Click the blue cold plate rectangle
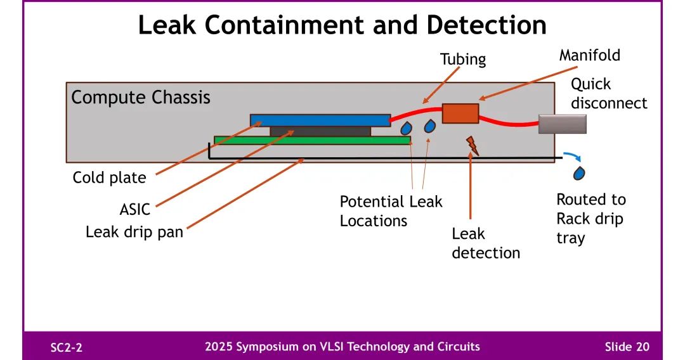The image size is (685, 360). (x=320, y=120)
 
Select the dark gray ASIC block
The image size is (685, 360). (x=320, y=131)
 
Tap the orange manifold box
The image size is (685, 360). (x=460, y=113)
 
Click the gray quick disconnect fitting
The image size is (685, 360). (x=562, y=124)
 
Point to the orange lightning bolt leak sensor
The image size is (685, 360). (x=472, y=146)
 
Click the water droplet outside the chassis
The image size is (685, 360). (x=580, y=172)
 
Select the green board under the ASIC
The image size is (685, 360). (x=312, y=140)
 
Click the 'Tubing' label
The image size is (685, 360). (x=463, y=60)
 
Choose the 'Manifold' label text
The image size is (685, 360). (x=589, y=55)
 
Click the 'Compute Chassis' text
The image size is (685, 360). (x=141, y=98)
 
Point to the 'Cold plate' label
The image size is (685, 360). (x=109, y=177)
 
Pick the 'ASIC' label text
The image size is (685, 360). (x=135, y=209)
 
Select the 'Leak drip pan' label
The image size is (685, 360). (x=134, y=232)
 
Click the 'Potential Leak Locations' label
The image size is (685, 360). (x=391, y=211)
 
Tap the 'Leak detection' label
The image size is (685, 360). (x=486, y=243)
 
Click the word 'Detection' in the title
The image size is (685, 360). (x=486, y=25)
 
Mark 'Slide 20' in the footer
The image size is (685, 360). (x=627, y=347)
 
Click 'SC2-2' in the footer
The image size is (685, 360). (x=67, y=347)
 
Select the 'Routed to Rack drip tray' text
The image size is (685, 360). (x=590, y=219)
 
